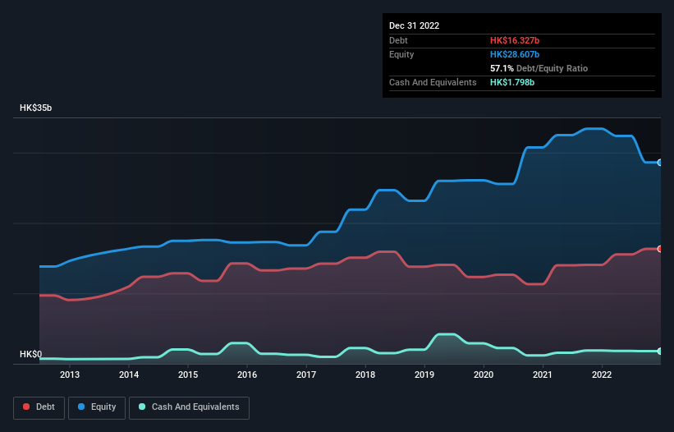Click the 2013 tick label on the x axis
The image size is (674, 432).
click(x=70, y=375)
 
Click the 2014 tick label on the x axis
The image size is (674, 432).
click(x=129, y=375)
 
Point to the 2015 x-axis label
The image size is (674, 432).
click(x=188, y=375)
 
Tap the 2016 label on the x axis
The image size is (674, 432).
click(x=247, y=375)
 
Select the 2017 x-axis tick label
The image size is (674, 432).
click(x=306, y=375)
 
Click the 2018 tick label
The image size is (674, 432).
click(x=365, y=375)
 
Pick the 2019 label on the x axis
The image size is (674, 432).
click(x=424, y=375)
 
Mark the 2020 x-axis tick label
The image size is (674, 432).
click(x=484, y=375)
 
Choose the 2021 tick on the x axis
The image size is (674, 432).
click(x=543, y=375)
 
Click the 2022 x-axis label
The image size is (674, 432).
click(x=602, y=375)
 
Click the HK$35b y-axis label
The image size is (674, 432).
click(x=36, y=108)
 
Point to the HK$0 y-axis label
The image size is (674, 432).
click(x=30, y=354)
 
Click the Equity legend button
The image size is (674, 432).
click(x=97, y=407)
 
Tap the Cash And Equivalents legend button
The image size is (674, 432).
click(x=189, y=407)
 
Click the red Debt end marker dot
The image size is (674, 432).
click(x=659, y=249)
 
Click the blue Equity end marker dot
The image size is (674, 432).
click(x=659, y=163)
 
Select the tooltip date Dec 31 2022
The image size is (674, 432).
click(x=415, y=25)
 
